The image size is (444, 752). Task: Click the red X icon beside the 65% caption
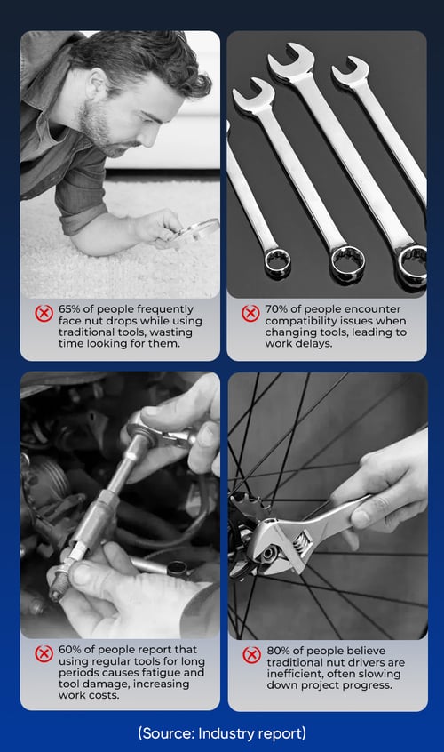44,314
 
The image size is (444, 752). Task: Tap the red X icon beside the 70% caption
250,314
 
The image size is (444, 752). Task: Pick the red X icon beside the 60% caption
44,653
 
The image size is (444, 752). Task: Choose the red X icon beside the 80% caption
251,655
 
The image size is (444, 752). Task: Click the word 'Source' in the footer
166,733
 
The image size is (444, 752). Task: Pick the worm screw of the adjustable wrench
300,545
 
